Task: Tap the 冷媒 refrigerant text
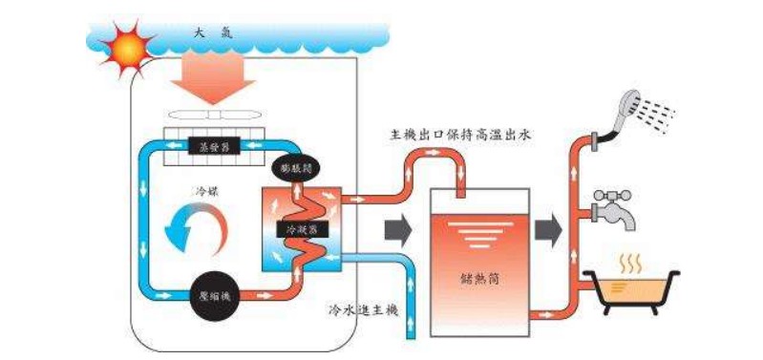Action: coord(206,190)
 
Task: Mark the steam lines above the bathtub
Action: coord(631,260)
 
